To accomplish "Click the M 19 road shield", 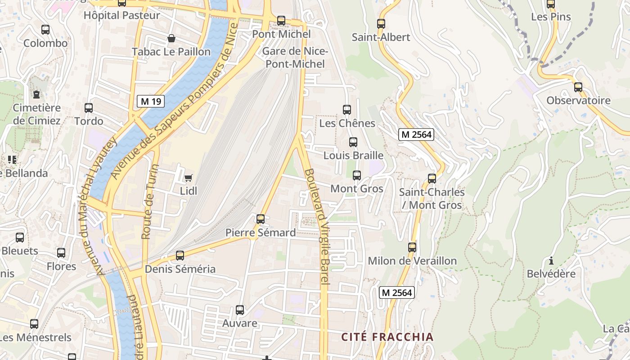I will tap(151, 101).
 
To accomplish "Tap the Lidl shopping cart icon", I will tap(188, 178).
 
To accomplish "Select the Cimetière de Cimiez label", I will tap(36, 114).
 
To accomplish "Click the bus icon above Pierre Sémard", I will tap(261, 219).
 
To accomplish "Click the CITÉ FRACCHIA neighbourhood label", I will tap(387, 337).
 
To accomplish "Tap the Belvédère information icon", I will tap(551, 261).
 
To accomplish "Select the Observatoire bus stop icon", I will tap(578, 87).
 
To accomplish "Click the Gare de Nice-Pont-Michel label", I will tap(295, 58).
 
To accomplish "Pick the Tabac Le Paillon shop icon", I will tap(171, 39).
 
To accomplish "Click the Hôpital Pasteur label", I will tap(121, 15).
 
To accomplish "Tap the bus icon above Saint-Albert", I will tap(381, 24).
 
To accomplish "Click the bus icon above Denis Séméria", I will tap(180, 256).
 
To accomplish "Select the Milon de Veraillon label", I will tap(412, 261).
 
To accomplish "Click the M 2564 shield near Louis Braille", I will tap(416, 134).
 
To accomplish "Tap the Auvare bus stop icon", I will tap(240, 310).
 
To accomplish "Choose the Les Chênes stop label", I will tap(347, 123).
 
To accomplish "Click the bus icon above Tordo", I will tap(89, 108).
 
